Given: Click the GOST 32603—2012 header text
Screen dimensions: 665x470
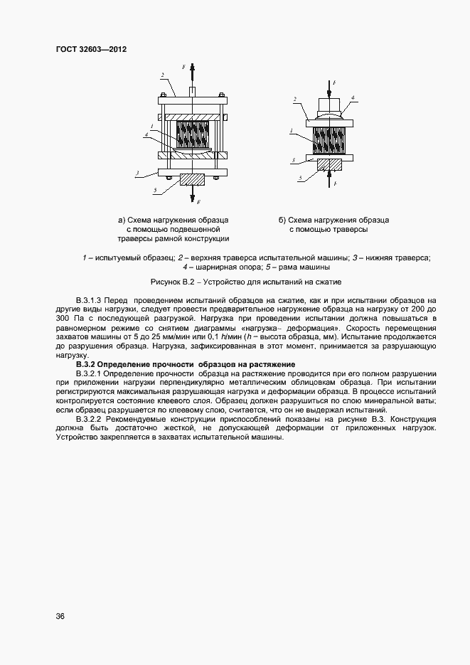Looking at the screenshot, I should coord(90,49).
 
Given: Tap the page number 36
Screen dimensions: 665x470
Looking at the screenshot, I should coord(60,617).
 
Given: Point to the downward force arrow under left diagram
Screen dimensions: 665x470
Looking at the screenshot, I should coord(192,194).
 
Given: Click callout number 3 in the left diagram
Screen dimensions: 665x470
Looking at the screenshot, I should coord(137,173).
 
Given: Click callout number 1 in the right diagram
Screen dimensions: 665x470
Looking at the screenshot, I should coord(293,131).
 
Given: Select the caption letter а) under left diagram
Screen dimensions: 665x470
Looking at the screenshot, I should coord(122,220).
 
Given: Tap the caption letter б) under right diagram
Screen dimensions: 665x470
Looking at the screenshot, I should coord(282,220).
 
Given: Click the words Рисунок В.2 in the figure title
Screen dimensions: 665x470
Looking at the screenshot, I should coord(173,282).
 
